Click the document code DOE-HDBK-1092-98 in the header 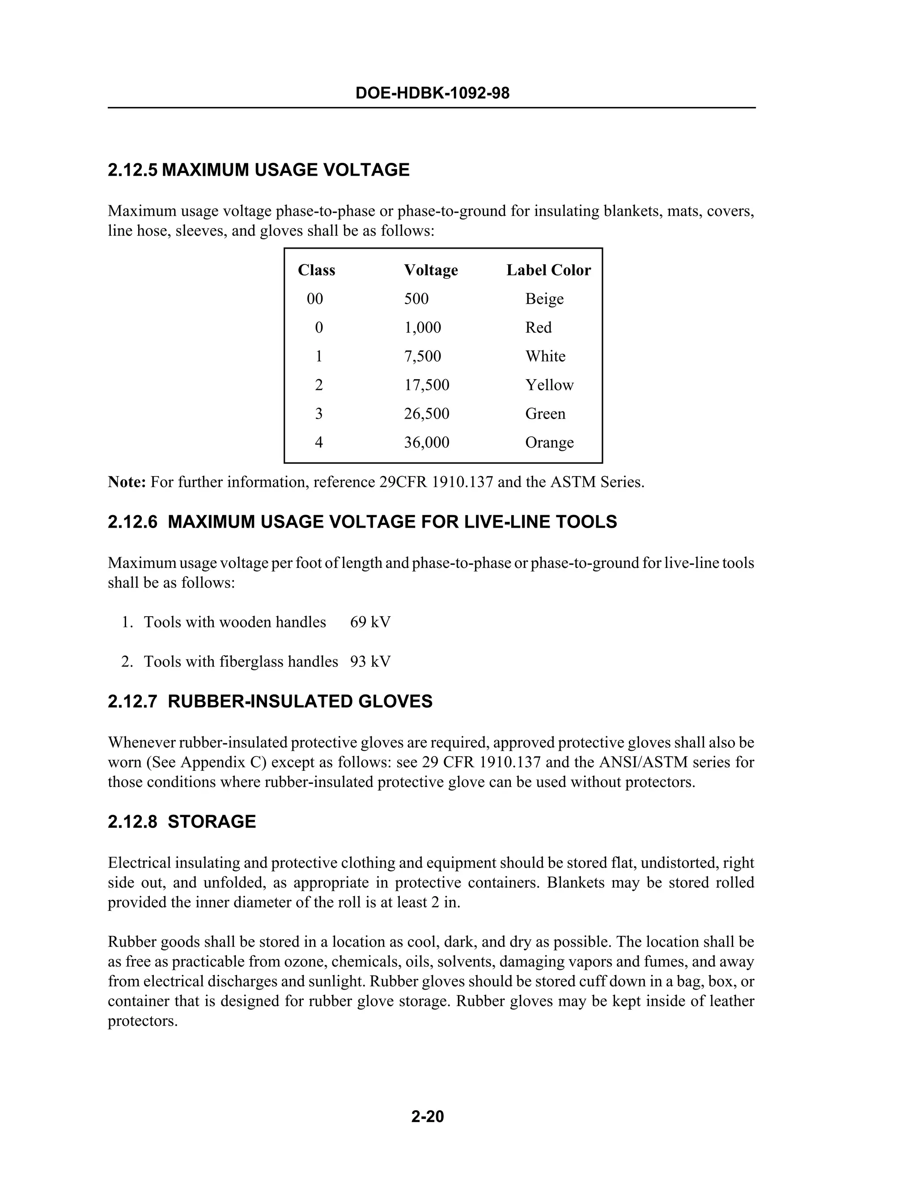432,93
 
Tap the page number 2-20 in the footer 428,1116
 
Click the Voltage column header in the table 430,270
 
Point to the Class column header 316,270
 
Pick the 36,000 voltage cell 427,442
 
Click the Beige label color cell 544,299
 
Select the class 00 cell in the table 315,299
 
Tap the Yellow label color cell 549,385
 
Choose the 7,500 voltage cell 422,356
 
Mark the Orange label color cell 549,443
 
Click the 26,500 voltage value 427,414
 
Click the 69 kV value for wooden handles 370,622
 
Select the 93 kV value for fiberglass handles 370,661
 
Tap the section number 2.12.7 132,702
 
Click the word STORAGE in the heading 212,821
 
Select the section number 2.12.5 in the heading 132,170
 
